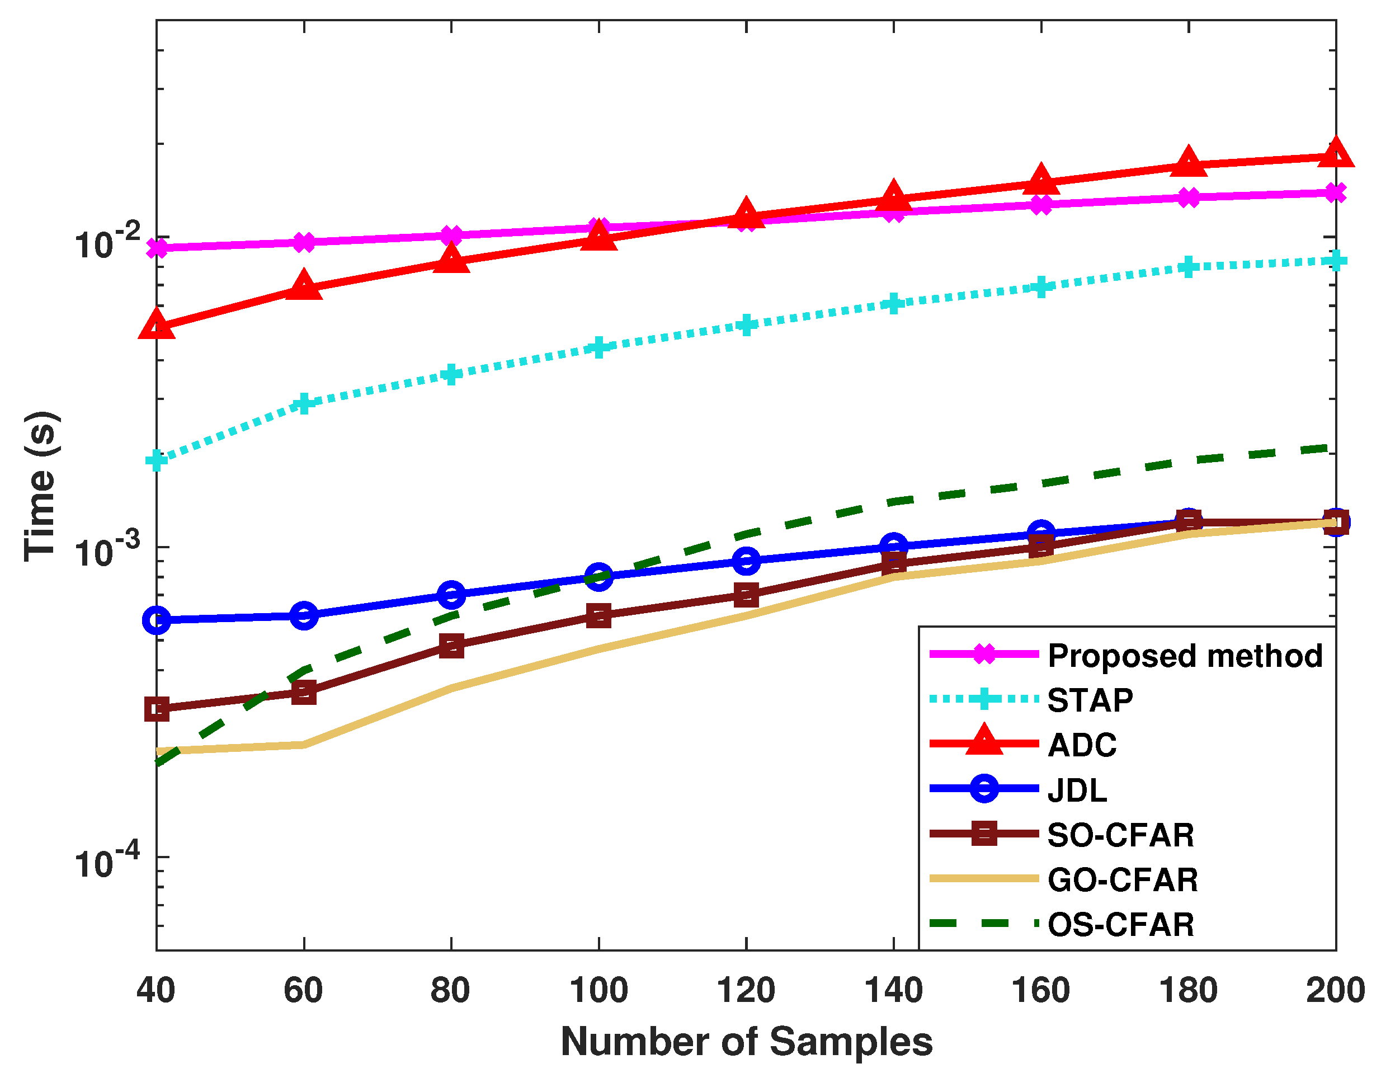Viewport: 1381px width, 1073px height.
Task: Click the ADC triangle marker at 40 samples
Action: pyautogui.click(x=157, y=324)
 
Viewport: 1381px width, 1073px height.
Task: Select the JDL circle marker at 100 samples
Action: pyautogui.click(x=599, y=576)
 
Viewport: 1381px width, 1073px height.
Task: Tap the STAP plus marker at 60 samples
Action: pyautogui.click(x=304, y=403)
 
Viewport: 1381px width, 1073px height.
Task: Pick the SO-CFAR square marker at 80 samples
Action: pyautogui.click(x=451, y=646)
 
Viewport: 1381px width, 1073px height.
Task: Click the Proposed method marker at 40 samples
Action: pyautogui.click(x=157, y=248)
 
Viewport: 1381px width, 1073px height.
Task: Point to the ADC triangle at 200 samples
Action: pyautogui.click(x=1336, y=154)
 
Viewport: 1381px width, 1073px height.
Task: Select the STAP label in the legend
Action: pyautogui.click(x=1090, y=700)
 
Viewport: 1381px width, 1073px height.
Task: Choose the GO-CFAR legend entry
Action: pyautogui.click(x=1123, y=880)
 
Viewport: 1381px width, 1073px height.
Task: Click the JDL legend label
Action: pyautogui.click(x=1077, y=790)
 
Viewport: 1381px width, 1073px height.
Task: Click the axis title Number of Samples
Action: pyautogui.click(x=746, y=1041)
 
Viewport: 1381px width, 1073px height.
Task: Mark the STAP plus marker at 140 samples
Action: pyautogui.click(x=893, y=304)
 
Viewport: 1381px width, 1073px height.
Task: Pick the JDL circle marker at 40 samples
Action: pyautogui.click(x=157, y=620)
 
